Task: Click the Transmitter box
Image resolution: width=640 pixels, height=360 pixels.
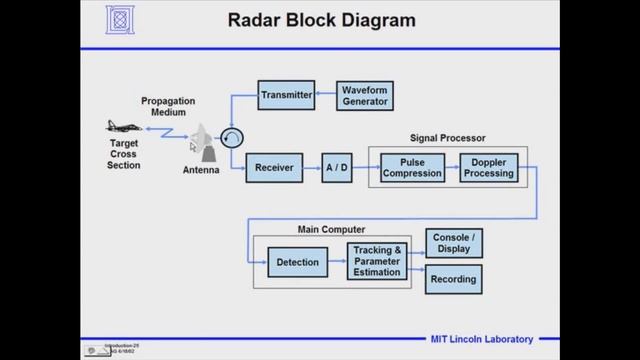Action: coord(287,95)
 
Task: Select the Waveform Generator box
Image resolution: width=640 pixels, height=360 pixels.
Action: coord(364,95)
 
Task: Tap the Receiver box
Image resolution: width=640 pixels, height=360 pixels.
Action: coord(274,168)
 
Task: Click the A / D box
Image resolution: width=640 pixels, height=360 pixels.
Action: coord(337,168)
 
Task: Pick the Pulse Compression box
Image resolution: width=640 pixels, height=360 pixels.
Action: coord(413,168)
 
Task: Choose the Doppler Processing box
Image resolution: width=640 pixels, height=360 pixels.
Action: coord(489,168)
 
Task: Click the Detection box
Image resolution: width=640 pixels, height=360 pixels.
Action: coord(296,263)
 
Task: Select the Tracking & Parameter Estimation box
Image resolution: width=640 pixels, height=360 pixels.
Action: coord(376,262)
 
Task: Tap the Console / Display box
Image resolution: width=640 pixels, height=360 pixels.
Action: coord(454,243)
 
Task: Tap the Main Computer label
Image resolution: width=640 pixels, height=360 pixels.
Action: coord(331,230)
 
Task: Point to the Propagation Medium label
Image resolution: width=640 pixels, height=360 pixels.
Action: coord(168,106)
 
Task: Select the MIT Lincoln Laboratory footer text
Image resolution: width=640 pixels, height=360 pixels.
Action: coord(482,339)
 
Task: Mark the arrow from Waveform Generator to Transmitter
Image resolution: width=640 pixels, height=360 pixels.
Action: coord(326,95)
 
